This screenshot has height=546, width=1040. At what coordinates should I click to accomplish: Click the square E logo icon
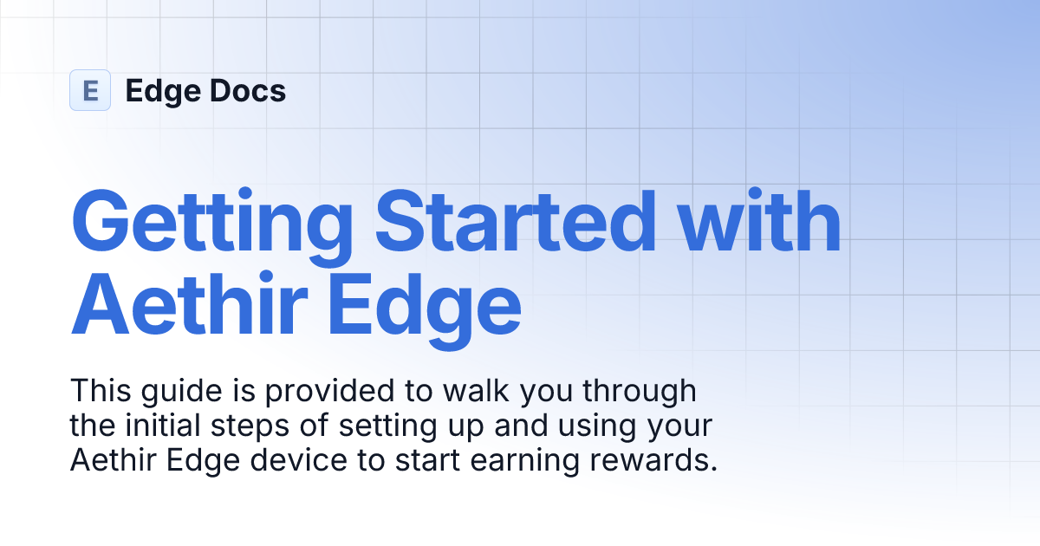[x=90, y=90]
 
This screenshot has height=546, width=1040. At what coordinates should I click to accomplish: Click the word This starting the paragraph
[x=98, y=391]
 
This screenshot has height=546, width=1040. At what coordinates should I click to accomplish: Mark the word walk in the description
[x=473, y=391]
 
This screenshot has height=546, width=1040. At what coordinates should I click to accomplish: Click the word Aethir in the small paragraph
[x=108, y=462]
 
